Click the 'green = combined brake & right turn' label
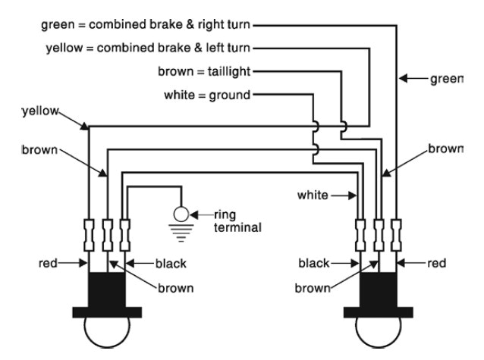[147, 25]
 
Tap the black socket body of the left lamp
[106, 290]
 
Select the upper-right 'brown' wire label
[444, 149]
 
